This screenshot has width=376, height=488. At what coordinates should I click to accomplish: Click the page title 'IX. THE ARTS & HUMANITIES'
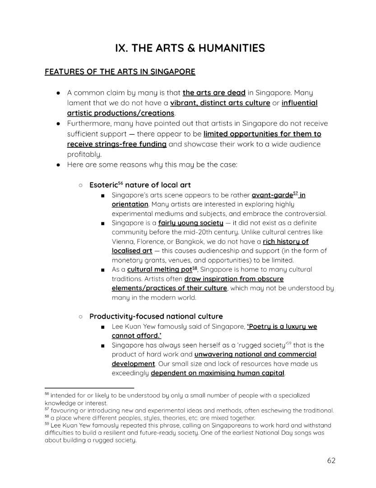click(190, 48)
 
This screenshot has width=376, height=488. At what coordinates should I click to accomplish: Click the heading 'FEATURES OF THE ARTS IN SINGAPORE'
click(120, 72)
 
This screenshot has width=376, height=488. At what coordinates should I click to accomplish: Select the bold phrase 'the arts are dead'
click(214, 93)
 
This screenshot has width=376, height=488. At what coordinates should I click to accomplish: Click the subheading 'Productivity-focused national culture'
click(156, 316)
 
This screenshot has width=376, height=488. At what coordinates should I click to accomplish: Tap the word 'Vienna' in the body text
click(123, 241)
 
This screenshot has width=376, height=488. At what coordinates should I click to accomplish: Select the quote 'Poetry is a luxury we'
click(282, 326)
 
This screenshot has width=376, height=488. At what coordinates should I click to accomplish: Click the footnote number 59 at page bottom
click(46, 425)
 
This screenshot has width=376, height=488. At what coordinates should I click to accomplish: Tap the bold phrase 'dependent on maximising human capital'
click(217, 373)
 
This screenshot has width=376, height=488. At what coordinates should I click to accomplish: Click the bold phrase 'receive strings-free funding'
click(116, 144)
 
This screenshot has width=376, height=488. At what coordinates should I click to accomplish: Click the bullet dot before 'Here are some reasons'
click(58, 165)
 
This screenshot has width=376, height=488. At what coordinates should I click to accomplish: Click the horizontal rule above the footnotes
click(89, 387)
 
